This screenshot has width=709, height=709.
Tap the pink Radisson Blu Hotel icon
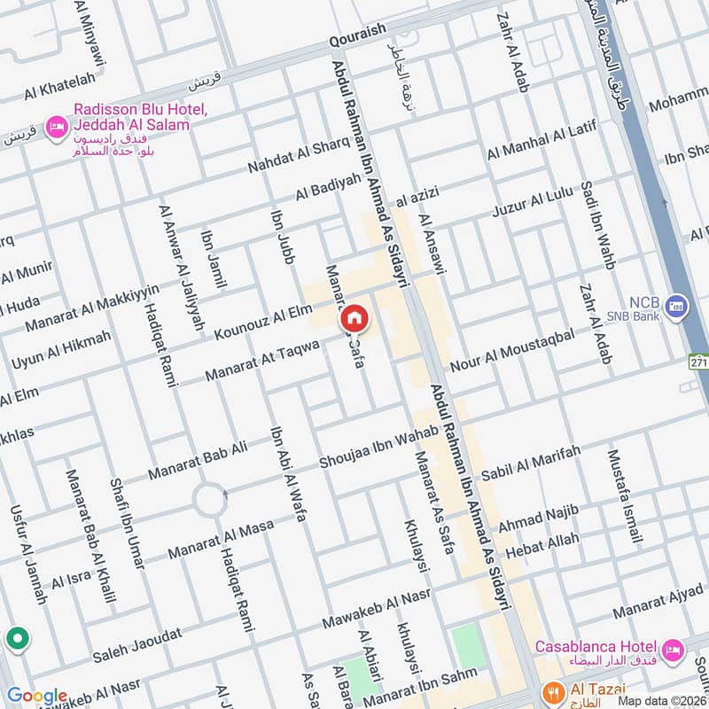pyautogui.click(x=58, y=126)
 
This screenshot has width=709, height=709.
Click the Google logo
pyautogui.click(x=36, y=697)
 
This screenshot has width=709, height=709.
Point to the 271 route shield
pyautogui.click(x=699, y=362)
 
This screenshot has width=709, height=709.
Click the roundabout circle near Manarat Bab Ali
pyautogui.click(x=210, y=500)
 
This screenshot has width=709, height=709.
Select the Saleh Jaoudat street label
pyautogui.click(x=137, y=646)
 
